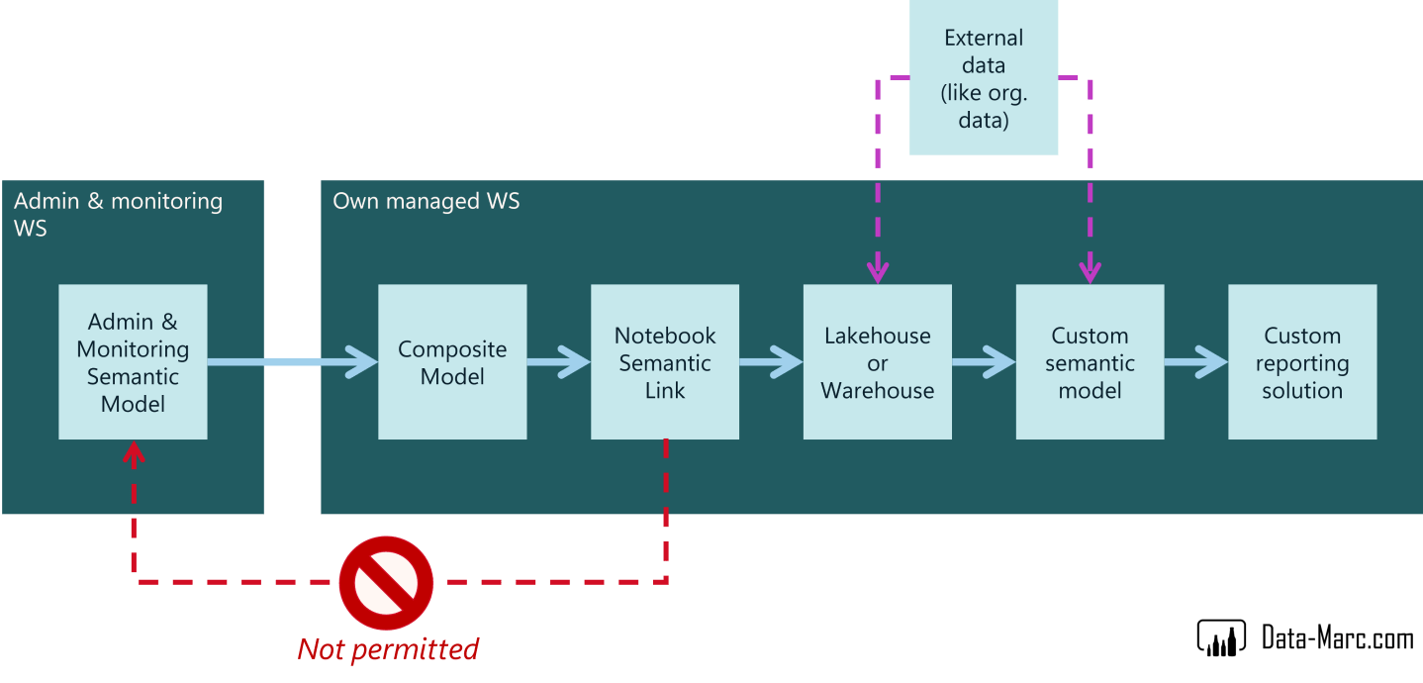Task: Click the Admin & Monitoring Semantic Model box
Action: pyautogui.click(x=133, y=362)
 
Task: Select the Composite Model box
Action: pyautogui.click(x=452, y=362)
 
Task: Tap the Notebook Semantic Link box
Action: pyautogui.click(x=665, y=362)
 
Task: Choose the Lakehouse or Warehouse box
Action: pyautogui.click(x=878, y=362)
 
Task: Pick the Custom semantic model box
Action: pyautogui.click(x=1090, y=362)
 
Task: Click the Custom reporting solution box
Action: pyautogui.click(x=1302, y=362)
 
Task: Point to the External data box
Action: pyautogui.click(x=984, y=79)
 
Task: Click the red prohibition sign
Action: pyautogui.click(x=386, y=583)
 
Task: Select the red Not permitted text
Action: pyautogui.click(x=388, y=649)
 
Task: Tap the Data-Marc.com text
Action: pyautogui.click(x=1337, y=638)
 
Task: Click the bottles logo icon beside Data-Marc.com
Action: pyautogui.click(x=1221, y=638)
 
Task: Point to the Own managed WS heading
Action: pyautogui.click(x=426, y=202)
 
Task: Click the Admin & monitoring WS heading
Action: pyautogui.click(x=118, y=214)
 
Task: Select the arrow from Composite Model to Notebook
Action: pyautogui.click(x=559, y=362)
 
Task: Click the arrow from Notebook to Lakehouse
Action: pyautogui.click(x=771, y=362)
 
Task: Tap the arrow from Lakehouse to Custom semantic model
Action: pyautogui.click(x=984, y=362)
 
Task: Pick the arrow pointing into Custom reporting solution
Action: pyautogui.click(x=1196, y=362)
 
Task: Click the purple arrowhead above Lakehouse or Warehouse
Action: pyautogui.click(x=878, y=270)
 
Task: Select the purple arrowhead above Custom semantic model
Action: pyautogui.click(x=1090, y=270)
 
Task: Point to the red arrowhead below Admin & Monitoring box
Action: pyautogui.click(x=133, y=453)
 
